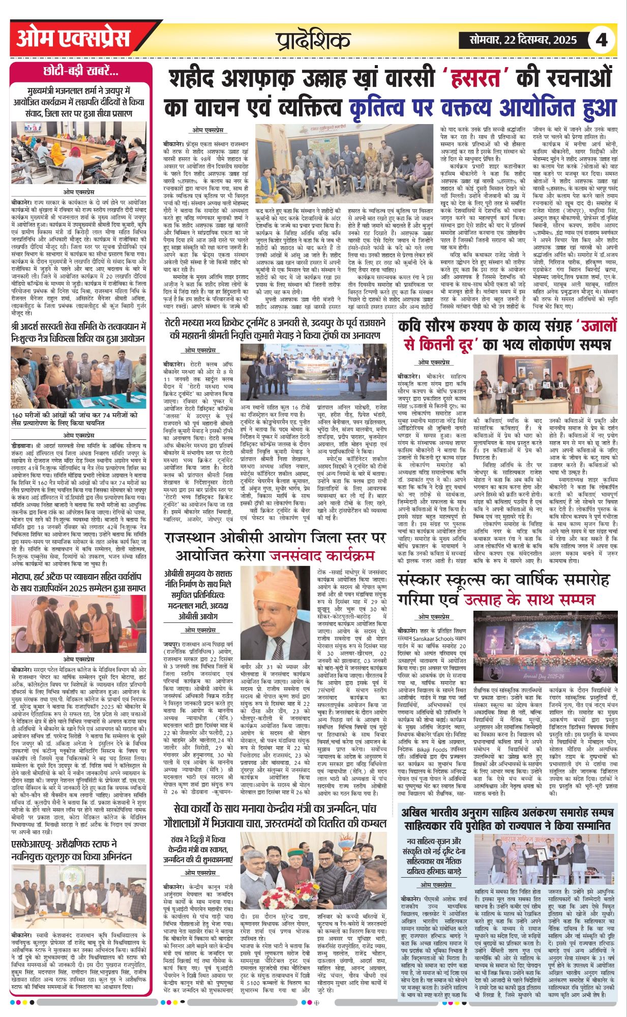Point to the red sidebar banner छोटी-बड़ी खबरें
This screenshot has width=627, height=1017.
click(x=81, y=71)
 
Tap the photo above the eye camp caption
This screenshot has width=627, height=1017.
click(x=79, y=377)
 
